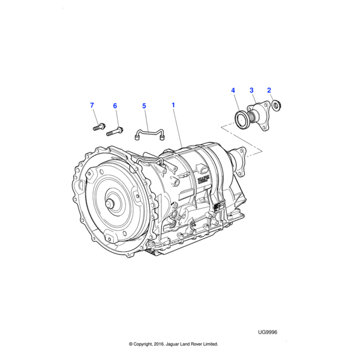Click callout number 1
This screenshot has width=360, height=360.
pyautogui.click(x=173, y=106)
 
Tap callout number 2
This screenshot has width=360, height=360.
pyautogui.click(x=270, y=90)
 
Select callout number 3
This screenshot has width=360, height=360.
pyautogui.click(x=251, y=90)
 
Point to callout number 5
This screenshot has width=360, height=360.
pyautogui.click(x=144, y=106)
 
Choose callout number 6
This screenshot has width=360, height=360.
pyautogui.click(x=115, y=106)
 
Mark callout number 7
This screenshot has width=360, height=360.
pyautogui.click(x=92, y=106)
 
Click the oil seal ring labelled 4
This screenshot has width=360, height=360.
pyautogui.click(x=242, y=119)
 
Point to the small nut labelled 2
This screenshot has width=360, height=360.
pyautogui.click(x=277, y=106)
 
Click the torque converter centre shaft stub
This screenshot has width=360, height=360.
pyautogui.click(x=111, y=203)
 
